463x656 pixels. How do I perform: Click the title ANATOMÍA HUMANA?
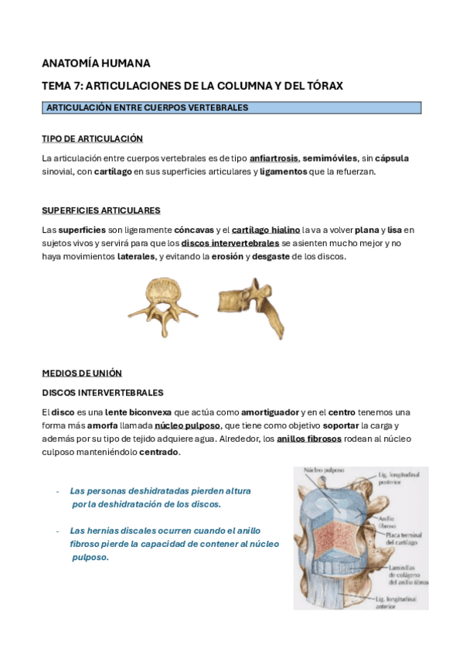point(96,63)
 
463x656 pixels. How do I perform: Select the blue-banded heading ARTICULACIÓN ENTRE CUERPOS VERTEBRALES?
point(148,108)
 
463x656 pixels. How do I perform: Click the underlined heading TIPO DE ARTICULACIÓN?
point(92,138)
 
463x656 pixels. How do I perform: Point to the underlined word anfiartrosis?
point(274,159)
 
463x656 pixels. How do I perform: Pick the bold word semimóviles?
point(331,159)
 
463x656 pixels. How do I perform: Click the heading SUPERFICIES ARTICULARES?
point(100,210)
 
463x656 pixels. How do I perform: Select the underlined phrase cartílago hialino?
point(265,230)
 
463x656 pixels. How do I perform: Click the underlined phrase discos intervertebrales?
point(230,243)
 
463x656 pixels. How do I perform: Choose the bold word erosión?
point(227,257)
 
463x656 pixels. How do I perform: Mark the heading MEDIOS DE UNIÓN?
point(81,373)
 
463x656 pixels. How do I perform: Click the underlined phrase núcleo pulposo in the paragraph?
point(187,425)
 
